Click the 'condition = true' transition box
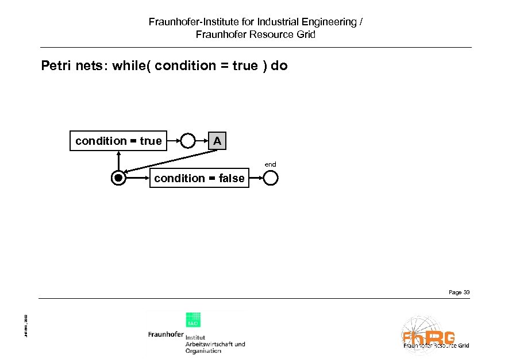[118, 141]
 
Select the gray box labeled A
[217, 141]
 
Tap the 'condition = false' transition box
[199, 178]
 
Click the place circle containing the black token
[118, 178]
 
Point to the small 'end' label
[270, 164]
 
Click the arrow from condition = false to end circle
[256, 178]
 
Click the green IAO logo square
[193, 320]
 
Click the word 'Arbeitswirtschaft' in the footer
[215, 344]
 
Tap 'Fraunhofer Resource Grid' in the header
[256, 34]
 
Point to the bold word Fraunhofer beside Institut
[165, 334]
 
